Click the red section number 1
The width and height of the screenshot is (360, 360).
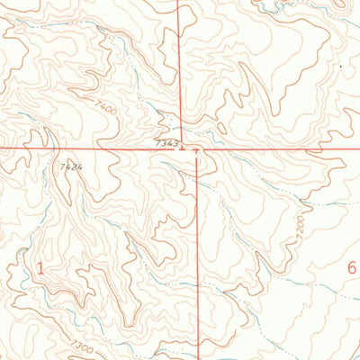pyautogui.click(x=40, y=266)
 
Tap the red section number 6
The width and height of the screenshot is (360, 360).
pyautogui.click(x=351, y=266)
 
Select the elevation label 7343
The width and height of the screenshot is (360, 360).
pyautogui.click(x=166, y=142)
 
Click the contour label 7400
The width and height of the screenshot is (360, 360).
pyautogui.click(x=107, y=108)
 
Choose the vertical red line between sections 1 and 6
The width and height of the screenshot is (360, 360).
pyautogui.click(x=197, y=270)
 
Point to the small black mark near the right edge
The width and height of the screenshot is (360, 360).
pyautogui.click(x=341, y=66)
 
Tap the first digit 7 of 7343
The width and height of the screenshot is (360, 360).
pyautogui.click(x=157, y=142)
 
